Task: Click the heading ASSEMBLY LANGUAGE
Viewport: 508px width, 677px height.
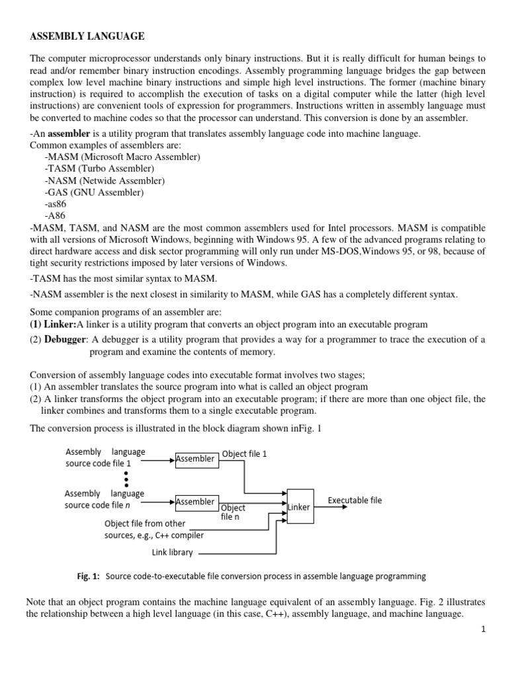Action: point(87,36)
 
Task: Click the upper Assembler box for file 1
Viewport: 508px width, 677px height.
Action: point(196,459)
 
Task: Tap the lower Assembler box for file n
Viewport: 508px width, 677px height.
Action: point(196,502)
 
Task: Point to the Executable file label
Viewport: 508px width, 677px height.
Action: point(355,500)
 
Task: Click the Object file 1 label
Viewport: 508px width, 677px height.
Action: point(244,455)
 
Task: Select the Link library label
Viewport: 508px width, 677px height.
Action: point(172,552)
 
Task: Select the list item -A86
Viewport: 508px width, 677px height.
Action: point(56,216)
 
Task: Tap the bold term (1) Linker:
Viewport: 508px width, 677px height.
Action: point(54,324)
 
